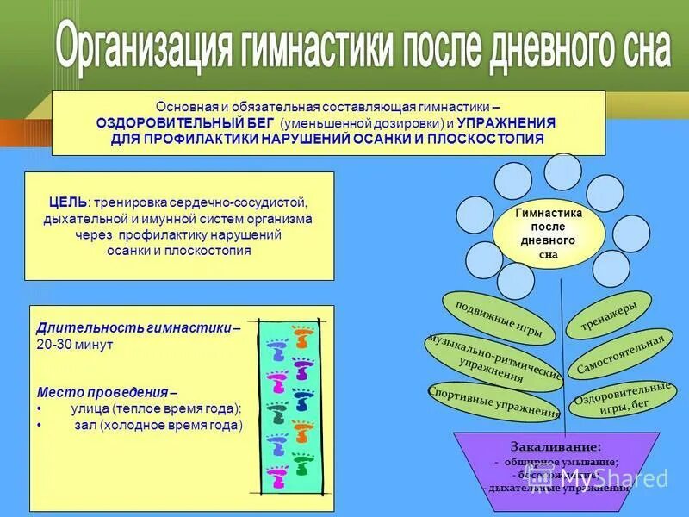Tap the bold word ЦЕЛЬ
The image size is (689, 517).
coord(68,202)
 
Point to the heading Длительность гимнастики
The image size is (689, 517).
coord(134,327)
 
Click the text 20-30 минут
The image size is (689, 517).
coord(76,344)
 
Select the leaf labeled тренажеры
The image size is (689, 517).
coord(614,318)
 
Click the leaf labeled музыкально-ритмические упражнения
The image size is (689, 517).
coord(493,358)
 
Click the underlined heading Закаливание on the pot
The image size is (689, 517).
coord(556,446)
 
